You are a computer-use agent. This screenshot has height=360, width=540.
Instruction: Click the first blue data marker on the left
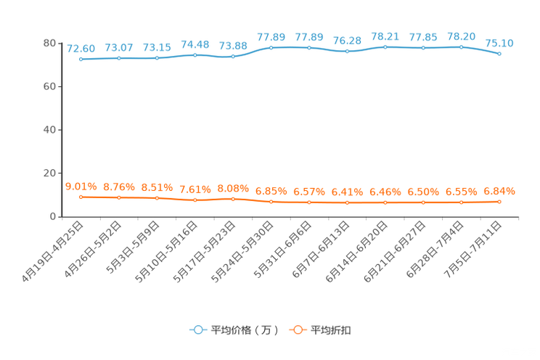pyautogui.click(x=81, y=59)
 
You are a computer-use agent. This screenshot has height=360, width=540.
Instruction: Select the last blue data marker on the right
pyautogui.click(x=499, y=54)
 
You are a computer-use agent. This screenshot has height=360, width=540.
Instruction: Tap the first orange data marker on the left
pyautogui.click(x=81, y=197)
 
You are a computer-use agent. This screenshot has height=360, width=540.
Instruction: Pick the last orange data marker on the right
pyautogui.click(x=499, y=202)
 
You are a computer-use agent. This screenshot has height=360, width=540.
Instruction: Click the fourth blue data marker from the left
pyautogui.click(x=195, y=54)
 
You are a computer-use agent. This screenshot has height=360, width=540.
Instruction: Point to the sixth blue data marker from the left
pyautogui.click(x=271, y=48)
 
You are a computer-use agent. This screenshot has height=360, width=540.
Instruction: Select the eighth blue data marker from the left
pyautogui.click(x=348, y=52)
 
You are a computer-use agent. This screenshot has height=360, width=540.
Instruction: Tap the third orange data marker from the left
pyautogui.click(x=157, y=198)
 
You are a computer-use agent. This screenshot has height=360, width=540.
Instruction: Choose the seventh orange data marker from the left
pyautogui.click(x=309, y=202)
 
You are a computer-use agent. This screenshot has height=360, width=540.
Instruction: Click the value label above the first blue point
pyautogui.click(x=81, y=49)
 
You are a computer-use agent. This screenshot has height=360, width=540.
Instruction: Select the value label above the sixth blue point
pyautogui.click(x=271, y=37)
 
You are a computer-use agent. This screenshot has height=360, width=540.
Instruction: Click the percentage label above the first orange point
pyautogui.click(x=81, y=187)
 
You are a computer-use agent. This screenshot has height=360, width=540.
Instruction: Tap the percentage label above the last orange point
pyautogui.click(x=499, y=192)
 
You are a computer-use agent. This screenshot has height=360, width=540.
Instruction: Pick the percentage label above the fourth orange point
pyautogui.click(x=195, y=189)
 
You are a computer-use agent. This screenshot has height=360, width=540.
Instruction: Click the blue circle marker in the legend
pyautogui.click(x=198, y=330)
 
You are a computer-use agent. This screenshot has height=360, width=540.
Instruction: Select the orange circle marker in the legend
pyautogui.click(x=298, y=330)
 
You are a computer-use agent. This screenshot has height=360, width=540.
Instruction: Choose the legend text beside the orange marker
pyautogui.click(x=332, y=330)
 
